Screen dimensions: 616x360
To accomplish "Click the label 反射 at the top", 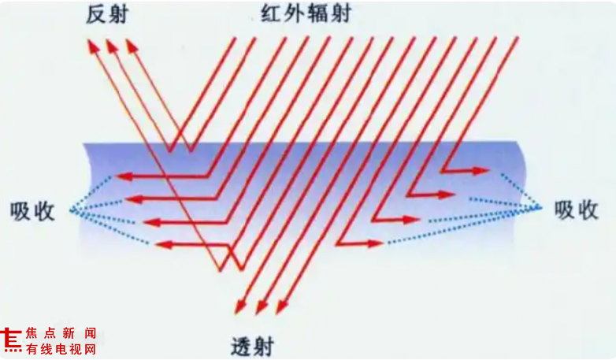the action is [107, 15].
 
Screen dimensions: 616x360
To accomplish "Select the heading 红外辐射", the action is [306, 14].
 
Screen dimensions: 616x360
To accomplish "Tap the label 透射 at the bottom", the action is [252, 347].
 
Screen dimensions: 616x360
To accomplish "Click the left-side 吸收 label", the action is [32, 211].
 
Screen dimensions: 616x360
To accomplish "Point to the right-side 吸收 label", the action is [577, 210].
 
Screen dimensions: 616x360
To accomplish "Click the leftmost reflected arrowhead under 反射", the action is [93, 46].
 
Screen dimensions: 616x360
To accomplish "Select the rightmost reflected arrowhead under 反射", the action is [132, 46].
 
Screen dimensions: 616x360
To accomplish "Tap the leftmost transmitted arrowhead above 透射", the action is [240, 306].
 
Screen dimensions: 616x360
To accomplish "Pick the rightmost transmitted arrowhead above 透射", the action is [282, 306].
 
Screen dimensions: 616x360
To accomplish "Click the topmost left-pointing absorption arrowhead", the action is [124, 176].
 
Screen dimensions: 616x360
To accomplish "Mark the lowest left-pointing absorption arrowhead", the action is [164, 245].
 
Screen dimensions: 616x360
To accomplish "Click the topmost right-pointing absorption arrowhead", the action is [481, 171].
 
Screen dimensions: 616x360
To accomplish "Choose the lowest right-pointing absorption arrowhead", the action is [375, 243].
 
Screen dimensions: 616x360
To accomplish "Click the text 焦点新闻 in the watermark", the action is [61, 333].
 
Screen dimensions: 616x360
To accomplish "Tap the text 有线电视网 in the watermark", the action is [61, 349].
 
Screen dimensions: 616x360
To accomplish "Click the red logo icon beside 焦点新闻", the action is [11, 340].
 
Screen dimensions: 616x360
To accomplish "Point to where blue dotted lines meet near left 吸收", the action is [71, 210].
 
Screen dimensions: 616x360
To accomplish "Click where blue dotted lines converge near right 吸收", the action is [541, 208].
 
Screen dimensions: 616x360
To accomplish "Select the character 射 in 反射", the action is [118, 15].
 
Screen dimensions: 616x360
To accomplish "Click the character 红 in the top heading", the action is [272, 14].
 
